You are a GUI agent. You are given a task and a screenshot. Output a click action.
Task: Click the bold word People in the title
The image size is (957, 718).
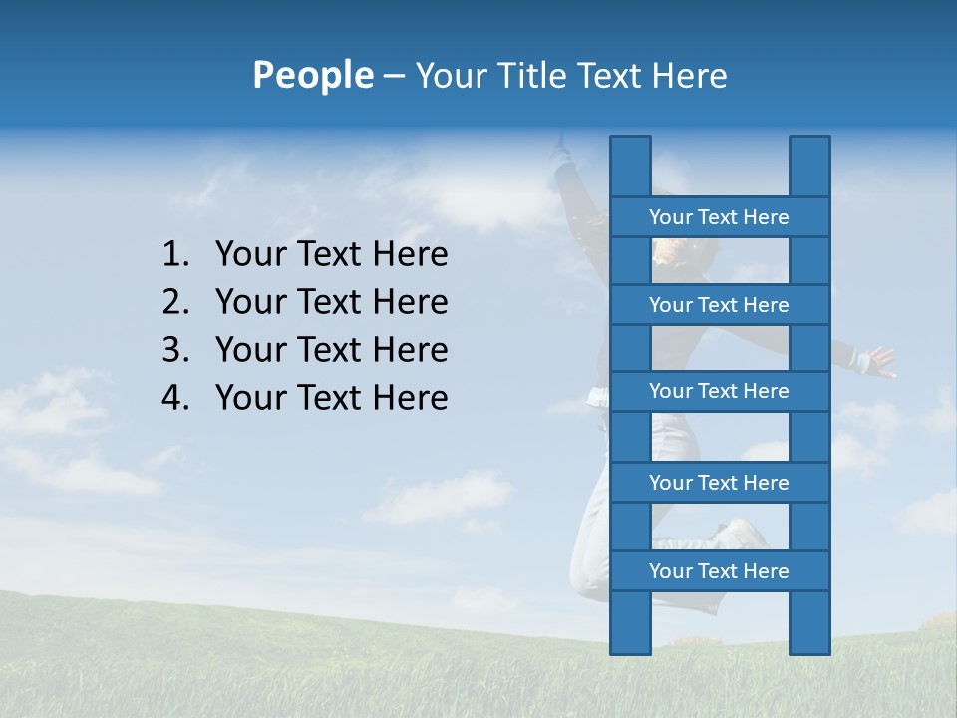coord(312,75)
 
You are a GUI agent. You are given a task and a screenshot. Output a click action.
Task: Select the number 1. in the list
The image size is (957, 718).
coord(174,255)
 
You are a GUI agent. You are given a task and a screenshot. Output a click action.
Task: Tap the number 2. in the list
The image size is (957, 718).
coord(174,302)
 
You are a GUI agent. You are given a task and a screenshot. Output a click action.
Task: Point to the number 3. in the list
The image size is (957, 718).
coord(174,350)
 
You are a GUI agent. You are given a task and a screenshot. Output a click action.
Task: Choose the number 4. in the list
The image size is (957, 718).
coord(174,398)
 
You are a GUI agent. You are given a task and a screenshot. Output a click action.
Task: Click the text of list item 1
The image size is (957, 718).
coord(331,255)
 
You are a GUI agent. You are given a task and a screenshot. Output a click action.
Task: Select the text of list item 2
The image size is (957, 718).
coord(331,302)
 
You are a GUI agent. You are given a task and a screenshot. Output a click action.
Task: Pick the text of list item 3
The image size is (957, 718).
coord(331,350)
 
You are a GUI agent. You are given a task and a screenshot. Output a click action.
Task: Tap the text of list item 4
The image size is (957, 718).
coord(331,398)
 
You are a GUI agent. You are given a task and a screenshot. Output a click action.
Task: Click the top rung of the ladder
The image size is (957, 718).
coord(719,217)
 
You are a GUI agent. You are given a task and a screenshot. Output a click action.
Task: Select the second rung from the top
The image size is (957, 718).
coord(719,305)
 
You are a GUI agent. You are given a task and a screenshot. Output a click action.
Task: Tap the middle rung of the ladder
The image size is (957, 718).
coord(719,392)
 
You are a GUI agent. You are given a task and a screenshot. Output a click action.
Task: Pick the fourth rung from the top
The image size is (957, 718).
coord(719,483)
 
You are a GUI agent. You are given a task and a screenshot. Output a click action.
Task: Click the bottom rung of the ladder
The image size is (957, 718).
coord(719,571)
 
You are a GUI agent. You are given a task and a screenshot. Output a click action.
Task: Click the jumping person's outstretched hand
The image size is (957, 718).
coord(878,360)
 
